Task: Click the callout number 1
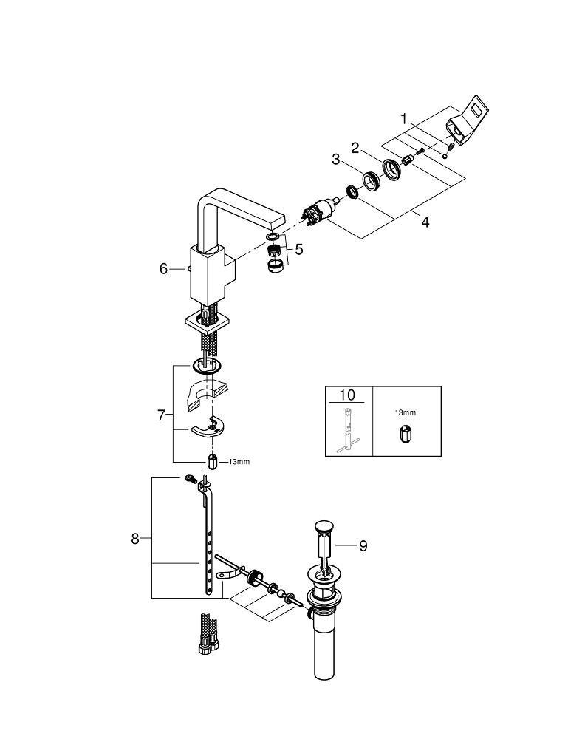pos(404,118)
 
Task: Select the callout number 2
pos(355,149)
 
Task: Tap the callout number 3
pos(335,159)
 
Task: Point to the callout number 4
pos(425,221)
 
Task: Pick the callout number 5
pos(298,250)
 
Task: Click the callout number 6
pos(164,269)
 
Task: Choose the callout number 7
pos(161,415)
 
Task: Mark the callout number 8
pos(135,539)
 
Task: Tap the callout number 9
pos(363,546)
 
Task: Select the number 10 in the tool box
pos(347,395)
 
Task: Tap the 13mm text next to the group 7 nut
pos(239,462)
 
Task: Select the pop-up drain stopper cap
pos(321,526)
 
